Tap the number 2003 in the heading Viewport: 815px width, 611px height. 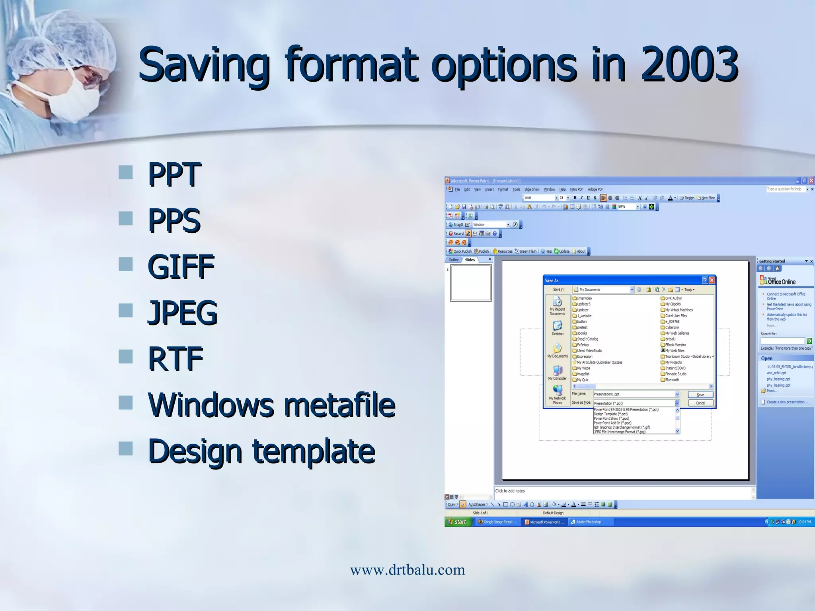tap(689, 64)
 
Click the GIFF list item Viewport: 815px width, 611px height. tap(181, 266)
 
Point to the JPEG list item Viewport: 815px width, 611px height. tap(182, 313)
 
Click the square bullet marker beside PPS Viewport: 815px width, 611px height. tap(126, 218)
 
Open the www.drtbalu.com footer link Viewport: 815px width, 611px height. tap(407, 570)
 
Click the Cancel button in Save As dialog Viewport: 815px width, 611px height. tap(700, 403)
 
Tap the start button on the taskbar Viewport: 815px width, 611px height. tap(458, 522)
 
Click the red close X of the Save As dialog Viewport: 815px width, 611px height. tap(712, 280)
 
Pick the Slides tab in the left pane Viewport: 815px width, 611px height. tap(470, 260)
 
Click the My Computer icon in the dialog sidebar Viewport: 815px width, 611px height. tap(558, 372)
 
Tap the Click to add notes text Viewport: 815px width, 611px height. tap(510, 491)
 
